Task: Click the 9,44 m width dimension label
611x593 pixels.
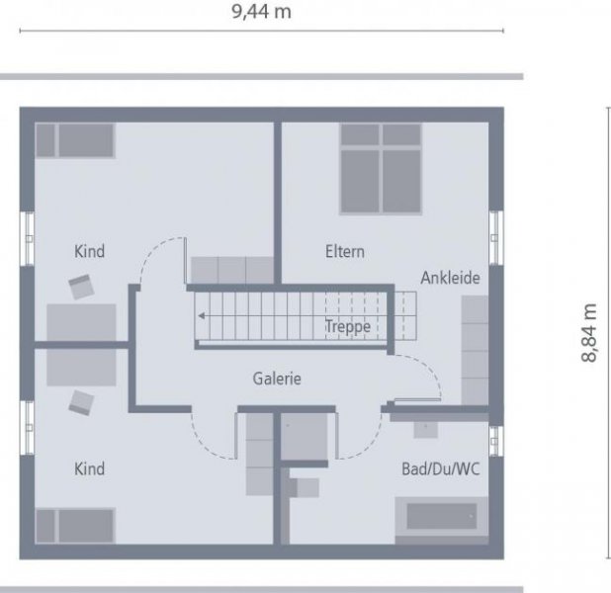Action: [x=261, y=12]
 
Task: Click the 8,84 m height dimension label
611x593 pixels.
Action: [x=590, y=333]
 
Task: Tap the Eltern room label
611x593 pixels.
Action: [x=345, y=252]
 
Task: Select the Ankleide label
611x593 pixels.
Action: [x=450, y=279]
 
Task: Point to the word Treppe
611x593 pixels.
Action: [x=348, y=326]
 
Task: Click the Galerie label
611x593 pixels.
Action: [x=277, y=379]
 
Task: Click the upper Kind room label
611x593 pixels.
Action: [x=89, y=252]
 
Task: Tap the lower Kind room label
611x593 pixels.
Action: [x=89, y=468]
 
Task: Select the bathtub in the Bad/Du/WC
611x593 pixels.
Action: [x=441, y=517]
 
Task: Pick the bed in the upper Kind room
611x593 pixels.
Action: [x=75, y=139]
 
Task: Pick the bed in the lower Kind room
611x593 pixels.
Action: [x=75, y=524]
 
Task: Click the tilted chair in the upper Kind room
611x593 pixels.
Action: [x=80, y=288]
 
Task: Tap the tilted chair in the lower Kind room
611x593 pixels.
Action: [x=80, y=401]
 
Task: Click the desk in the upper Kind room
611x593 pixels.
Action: [x=81, y=322]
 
